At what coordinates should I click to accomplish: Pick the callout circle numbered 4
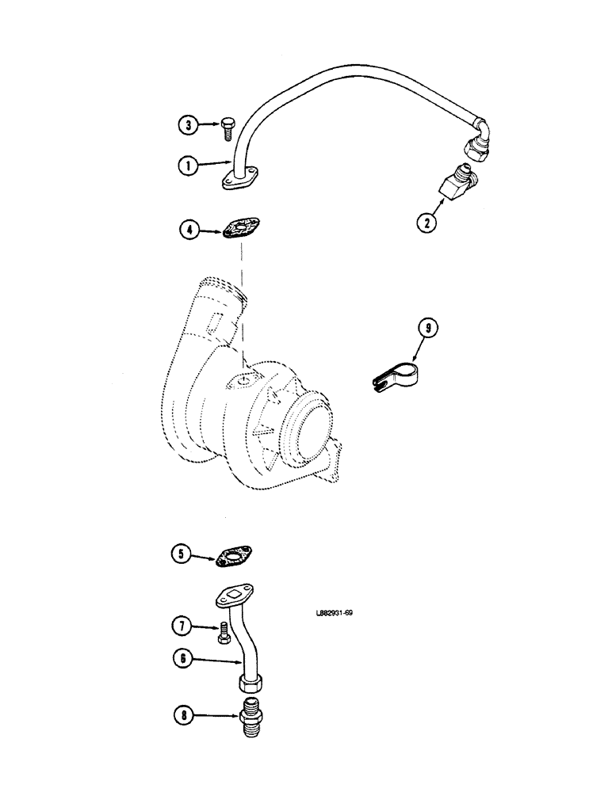tap(189, 231)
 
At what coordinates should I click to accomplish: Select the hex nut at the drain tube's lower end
tap(251, 683)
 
